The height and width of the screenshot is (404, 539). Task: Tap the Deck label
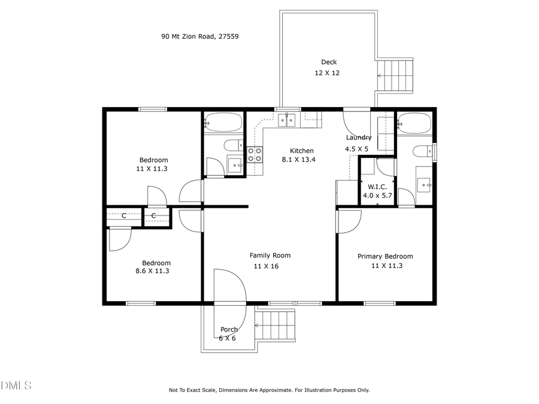click(x=329, y=62)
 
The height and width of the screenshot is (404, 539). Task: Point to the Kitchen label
click(x=302, y=151)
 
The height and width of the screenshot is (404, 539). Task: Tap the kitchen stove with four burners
click(x=255, y=155)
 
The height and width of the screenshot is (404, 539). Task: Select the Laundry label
click(x=359, y=138)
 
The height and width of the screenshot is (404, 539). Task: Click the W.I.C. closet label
click(x=377, y=186)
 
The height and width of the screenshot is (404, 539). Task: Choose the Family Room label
click(x=270, y=256)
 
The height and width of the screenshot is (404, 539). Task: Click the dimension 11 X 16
click(x=267, y=266)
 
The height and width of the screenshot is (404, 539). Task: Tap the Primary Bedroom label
click(x=385, y=257)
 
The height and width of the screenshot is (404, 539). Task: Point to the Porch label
click(x=229, y=330)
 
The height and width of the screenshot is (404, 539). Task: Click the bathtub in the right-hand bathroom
click(x=414, y=124)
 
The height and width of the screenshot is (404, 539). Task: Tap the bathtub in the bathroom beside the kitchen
click(x=223, y=123)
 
